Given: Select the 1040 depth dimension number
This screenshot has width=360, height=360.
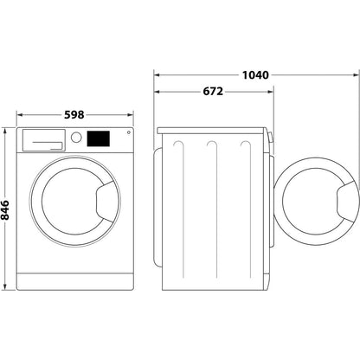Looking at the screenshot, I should click(256, 74).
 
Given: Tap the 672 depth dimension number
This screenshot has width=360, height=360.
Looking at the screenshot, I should click(212, 93).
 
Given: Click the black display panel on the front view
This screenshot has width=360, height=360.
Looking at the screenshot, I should click(100, 138).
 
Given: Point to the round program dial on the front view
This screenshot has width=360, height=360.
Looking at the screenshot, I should click(76, 138).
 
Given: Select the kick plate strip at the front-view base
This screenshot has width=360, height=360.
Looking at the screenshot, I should click(77, 285).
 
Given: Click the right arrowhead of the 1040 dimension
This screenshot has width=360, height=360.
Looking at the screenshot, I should click(353, 74).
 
